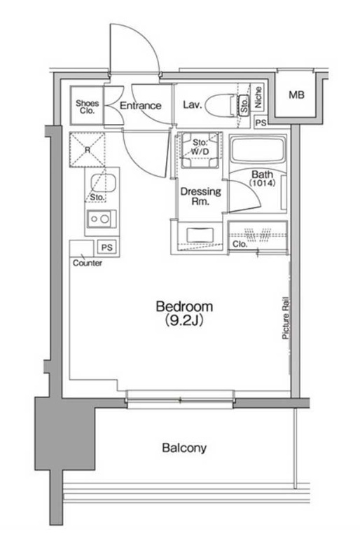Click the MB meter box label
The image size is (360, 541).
pos(296,95)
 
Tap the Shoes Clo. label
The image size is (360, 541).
pos(88,107)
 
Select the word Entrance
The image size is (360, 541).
pos(140,105)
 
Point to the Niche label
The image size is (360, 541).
pos(258,97)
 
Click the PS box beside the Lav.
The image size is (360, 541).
pos(261,122)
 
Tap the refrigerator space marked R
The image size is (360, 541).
pos(88,150)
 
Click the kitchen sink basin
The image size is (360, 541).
pos(103,183)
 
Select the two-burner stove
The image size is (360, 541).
pos(101,219)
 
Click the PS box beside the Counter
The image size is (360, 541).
pos(107,247)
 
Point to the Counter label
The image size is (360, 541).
pos(88,263)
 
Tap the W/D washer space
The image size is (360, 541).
pos(200,150)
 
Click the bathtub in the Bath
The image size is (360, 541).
pos(258,151)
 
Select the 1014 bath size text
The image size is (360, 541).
pos(263,183)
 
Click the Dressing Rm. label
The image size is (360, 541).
pos(200,196)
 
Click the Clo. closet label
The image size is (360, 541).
pos(240,244)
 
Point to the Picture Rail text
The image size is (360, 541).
pos(286,317)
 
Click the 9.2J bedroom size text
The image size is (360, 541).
pos(184,320)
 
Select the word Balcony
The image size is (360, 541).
pos(184,448)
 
